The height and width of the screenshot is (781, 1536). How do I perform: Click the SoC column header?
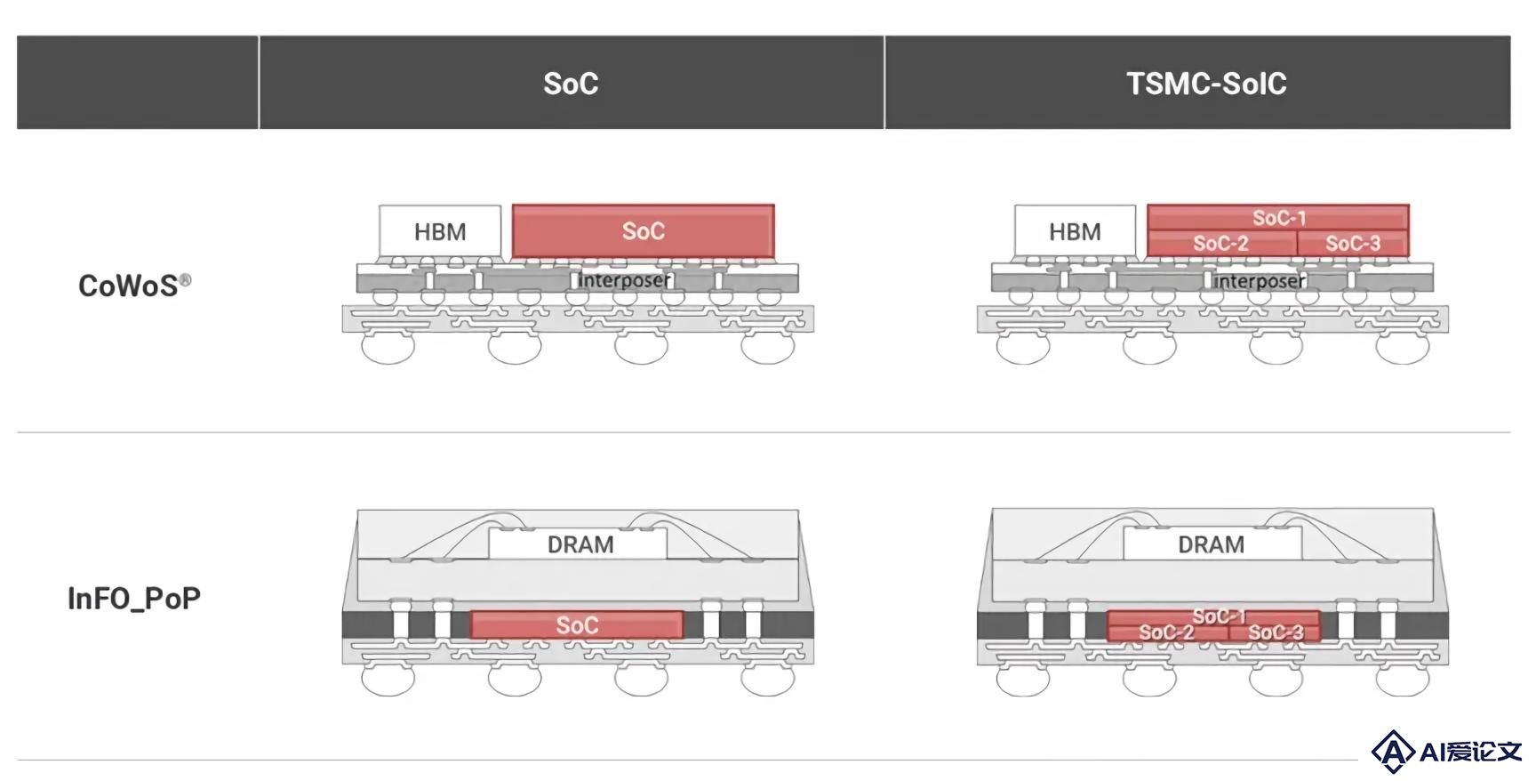571,83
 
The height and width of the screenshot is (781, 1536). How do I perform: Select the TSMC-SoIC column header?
1206,83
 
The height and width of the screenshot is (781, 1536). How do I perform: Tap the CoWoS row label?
128,286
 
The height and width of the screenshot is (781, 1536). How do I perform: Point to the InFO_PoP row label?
134,598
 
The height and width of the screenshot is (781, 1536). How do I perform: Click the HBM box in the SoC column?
440,231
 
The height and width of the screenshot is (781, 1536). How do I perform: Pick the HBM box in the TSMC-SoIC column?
1075,231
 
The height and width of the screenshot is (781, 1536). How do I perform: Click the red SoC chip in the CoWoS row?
643,231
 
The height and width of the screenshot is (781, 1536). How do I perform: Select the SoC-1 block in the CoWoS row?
1278,217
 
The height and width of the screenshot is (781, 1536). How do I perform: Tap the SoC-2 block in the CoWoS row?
1221,243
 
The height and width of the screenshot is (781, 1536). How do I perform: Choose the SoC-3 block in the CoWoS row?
1353,243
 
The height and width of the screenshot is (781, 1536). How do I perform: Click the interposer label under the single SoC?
625,280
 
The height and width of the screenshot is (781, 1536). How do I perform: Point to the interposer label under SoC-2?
1260,281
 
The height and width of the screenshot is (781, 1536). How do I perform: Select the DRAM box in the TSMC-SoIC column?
1212,543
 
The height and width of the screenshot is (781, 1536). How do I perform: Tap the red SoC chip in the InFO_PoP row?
577,625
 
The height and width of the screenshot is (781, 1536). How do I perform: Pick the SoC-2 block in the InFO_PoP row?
1167,632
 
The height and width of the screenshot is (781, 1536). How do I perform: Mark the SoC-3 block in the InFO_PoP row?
1275,632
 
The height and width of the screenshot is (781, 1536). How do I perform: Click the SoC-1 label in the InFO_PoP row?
1219,616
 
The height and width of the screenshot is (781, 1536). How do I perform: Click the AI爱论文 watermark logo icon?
1393,752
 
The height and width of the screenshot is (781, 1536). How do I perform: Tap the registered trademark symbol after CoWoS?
185,280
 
